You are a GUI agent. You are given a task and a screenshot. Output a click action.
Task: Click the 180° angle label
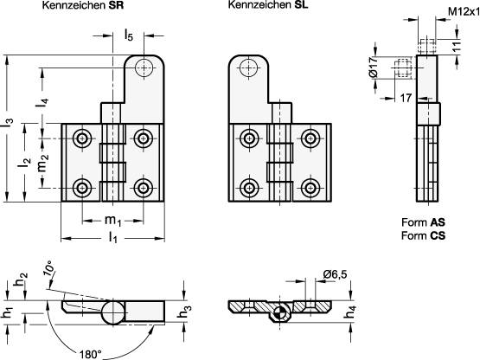click(88, 353)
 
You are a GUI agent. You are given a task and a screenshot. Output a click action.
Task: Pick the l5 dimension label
click(128, 35)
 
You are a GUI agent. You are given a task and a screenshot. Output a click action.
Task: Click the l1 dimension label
click(113, 236)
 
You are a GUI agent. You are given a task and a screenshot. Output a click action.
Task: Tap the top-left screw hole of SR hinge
click(82, 138)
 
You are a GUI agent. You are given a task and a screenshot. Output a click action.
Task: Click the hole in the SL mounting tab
click(249, 67)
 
